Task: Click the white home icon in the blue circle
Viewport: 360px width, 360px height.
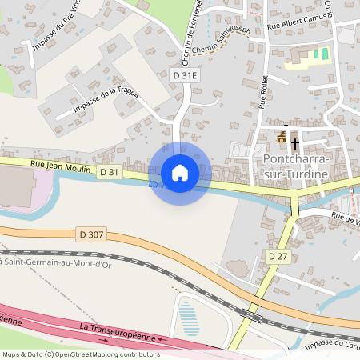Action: pyautogui.click(x=180, y=172)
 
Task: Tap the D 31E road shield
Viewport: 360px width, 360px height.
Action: pyautogui.click(x=184, y=75)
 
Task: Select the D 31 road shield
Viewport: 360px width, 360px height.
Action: pyautogui.click(x=110, y=172)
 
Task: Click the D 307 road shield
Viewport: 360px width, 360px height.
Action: pyautogui.click(x=93, y=234)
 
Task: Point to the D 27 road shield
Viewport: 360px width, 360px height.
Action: pyautogui.click(x=278, y=256)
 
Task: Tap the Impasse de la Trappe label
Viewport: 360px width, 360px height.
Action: pyautogui.click(x=105, y=98)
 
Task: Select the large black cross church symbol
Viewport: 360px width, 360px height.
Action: pyautogui.click(x=295, y=144)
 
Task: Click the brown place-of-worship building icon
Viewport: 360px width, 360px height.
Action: pyautogui.click(x=281, y=138)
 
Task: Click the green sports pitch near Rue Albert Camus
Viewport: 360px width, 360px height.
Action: pyautogui.click(x=320, y=54)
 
